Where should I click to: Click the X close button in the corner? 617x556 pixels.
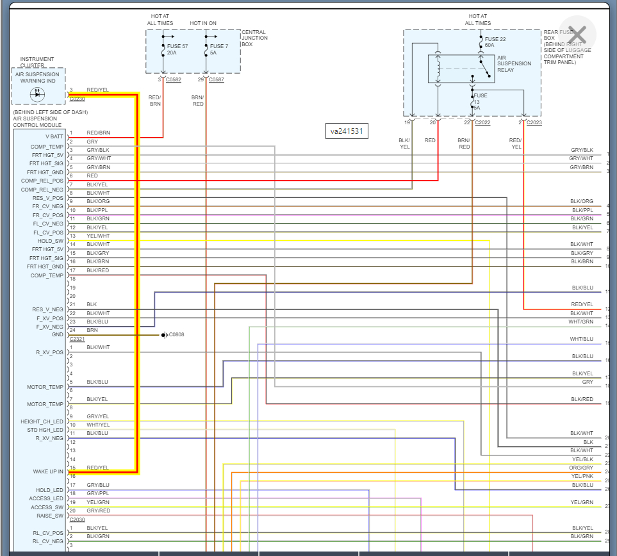click(577, 35)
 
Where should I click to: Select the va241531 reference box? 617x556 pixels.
click(347, 131)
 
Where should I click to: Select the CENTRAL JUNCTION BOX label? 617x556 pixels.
click(254, 38)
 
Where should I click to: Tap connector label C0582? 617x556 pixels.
click(174, 79)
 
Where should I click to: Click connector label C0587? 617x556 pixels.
click(217, 79)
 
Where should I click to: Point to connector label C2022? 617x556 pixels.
click(482, 122)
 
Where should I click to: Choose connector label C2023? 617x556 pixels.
click(534, 122)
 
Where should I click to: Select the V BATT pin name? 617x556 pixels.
click(54, 136)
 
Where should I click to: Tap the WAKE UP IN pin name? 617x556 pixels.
click(48, 472)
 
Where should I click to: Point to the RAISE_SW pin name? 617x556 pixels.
click(51, 516)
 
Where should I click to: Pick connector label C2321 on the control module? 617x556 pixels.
click(77, 339)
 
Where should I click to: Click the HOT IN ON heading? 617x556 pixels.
click(203, 23)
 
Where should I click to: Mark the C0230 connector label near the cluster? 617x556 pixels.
click(77, 99)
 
